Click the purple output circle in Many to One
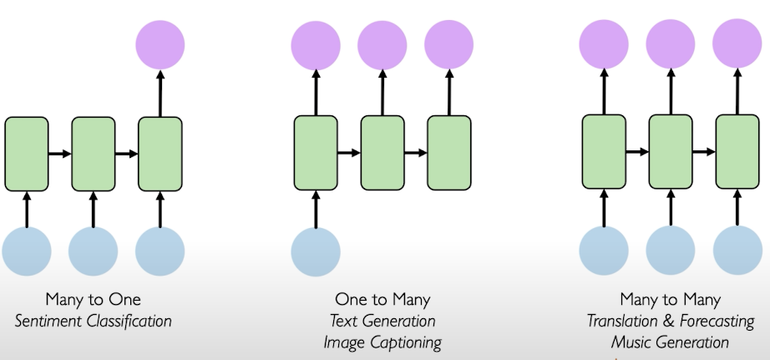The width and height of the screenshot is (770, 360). pos(160,45)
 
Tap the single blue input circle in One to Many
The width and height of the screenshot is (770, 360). pos(316,251)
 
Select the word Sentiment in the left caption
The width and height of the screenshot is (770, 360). pos(48,322)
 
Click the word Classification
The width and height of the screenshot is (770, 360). pos(129,322)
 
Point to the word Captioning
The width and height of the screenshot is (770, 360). pos(405,342)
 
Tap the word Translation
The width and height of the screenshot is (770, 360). pos(623,322)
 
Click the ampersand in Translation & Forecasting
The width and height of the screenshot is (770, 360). pos(668,322)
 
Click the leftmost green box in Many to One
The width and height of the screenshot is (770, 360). pos(27,154)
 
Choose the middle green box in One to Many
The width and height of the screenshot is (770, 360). pos(382,153)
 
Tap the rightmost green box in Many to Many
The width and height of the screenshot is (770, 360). pos(737,152)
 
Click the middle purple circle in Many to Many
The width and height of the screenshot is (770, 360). pos(671,43)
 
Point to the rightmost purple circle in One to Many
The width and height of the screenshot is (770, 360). pos(448,44)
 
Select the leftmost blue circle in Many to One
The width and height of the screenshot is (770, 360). pos(27,251)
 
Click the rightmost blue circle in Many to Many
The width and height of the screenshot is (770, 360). pos(737,251)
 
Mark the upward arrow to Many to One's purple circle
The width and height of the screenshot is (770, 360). pos(160,94)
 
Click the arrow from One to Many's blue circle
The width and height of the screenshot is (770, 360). pos(316,209)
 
